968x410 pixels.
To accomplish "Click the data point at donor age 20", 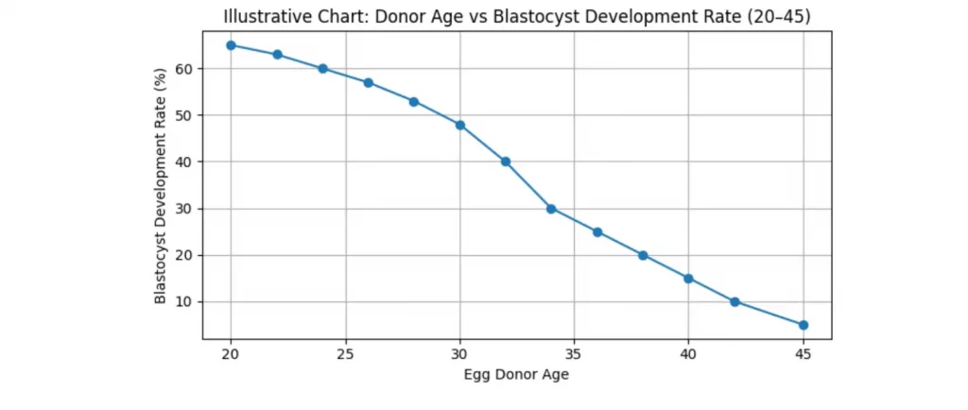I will click(231, 45).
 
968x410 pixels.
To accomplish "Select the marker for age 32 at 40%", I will click(506, 162).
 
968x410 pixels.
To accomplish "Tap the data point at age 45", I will click(804, 325).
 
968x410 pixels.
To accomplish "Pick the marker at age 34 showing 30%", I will click(551, 209).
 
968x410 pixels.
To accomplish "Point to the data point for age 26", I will click(369, 82).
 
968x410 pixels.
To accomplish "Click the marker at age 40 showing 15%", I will click(688, 279).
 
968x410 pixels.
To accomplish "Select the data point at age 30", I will click(460, 125).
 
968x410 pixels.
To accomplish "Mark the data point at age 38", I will click(643, 255).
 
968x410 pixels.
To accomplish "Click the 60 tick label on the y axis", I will click(185, 69).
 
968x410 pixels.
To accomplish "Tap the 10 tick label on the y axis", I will click(185, 302).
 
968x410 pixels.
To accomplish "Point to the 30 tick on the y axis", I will click(185, 209).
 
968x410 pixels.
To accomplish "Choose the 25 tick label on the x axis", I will click(345, 353).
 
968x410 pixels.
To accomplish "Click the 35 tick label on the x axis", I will click(575, 353).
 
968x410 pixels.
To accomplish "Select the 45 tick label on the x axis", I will click(804, 353).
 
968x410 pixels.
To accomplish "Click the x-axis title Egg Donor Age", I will click(516, 375).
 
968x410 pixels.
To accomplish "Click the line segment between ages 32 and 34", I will click(528, 185).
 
